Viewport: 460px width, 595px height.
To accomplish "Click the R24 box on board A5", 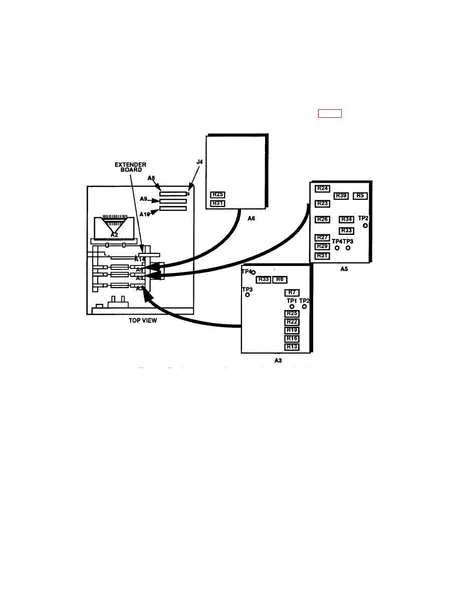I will tap(322, 188).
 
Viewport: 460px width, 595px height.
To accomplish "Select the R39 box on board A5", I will tap(341, 195).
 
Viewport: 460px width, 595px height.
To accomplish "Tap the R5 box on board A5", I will tap(360, 195).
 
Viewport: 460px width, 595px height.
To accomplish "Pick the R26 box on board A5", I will tap(322, 219).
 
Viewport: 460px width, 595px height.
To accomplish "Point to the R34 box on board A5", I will tap(346, 219).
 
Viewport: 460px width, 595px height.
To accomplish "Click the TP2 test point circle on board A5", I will tap(365, 226).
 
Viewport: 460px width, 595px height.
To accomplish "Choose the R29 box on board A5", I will tap(322, 246).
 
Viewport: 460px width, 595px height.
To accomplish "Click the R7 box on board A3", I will tap(292, 292).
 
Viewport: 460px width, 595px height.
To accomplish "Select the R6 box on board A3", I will tap(280, 279).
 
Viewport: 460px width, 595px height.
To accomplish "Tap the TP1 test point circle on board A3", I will tap(292, 307).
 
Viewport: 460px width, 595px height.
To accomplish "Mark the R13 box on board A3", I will tap(292, 347).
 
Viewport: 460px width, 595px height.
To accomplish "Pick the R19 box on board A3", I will tap(292, 330).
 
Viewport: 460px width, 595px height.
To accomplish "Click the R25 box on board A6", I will tap(217, 194).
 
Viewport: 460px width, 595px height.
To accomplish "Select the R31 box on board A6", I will tap(217, 203).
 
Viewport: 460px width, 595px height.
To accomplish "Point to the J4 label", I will tap(199, 162).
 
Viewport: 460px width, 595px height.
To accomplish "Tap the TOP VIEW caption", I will tap(143, 321).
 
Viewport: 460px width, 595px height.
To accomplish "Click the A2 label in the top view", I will tap(114, 234).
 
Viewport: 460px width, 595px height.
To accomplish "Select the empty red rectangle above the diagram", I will tap(330, 113).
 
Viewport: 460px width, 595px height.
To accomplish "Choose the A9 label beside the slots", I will tap(143, 199).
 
